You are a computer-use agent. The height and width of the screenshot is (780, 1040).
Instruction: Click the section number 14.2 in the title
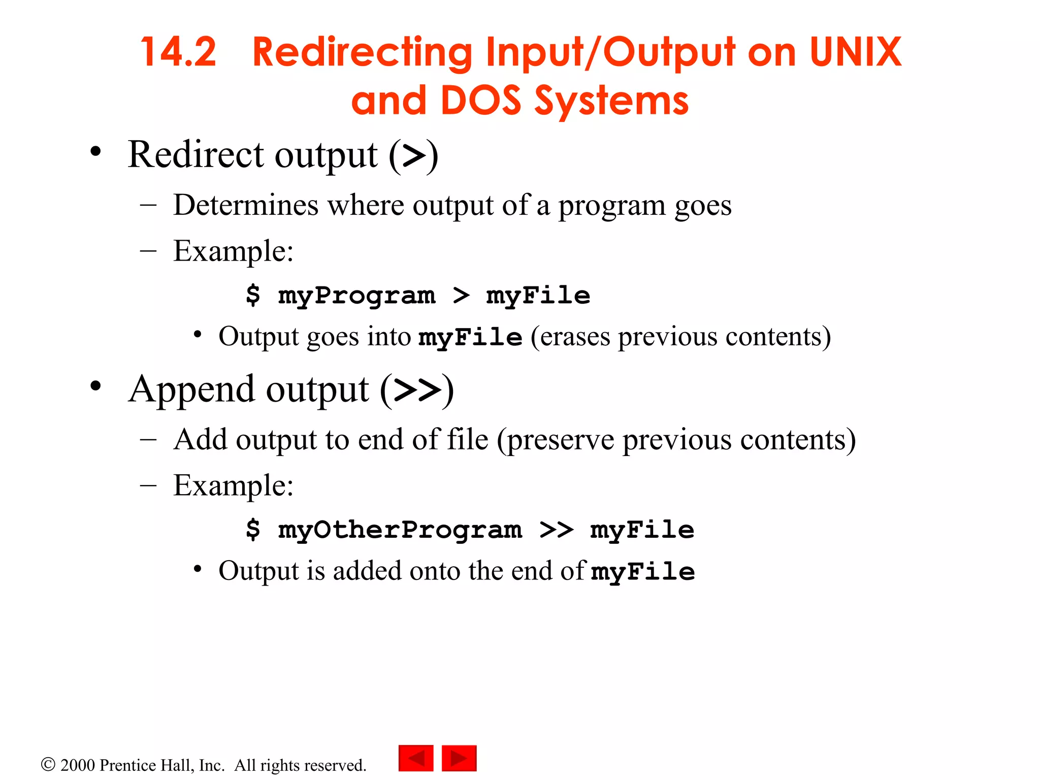click(x=178, y=52)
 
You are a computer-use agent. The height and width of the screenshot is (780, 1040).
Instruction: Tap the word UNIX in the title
click(x=855, y=52)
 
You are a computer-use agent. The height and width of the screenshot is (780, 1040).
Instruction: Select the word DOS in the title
click(x=480, y=101)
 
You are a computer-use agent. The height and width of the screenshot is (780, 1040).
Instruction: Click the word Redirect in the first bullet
click(x=196, y=154)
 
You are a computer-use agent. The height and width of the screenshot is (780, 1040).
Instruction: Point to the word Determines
click(x=246, y=205)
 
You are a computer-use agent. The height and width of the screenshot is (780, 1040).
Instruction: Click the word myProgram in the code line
click(x=356, y=296)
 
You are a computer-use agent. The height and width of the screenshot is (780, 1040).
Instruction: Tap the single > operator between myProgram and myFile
click(x=461, y=296)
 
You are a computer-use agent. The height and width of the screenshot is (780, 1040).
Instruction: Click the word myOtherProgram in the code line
click(x=400, y=530)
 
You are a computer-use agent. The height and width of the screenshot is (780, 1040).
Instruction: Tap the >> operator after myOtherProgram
click(x=556, y=530)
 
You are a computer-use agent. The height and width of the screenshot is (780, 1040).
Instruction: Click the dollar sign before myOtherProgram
click(x=253, y=530)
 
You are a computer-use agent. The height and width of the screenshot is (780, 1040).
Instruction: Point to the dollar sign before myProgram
click(x=253, y=295)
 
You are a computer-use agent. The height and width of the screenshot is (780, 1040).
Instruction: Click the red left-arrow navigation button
click(x=416, y=758)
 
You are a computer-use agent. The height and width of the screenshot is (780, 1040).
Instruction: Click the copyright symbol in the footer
click(x=48, y=765)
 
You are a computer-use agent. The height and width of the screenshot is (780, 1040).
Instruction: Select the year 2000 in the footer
click(x=77, y=765)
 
